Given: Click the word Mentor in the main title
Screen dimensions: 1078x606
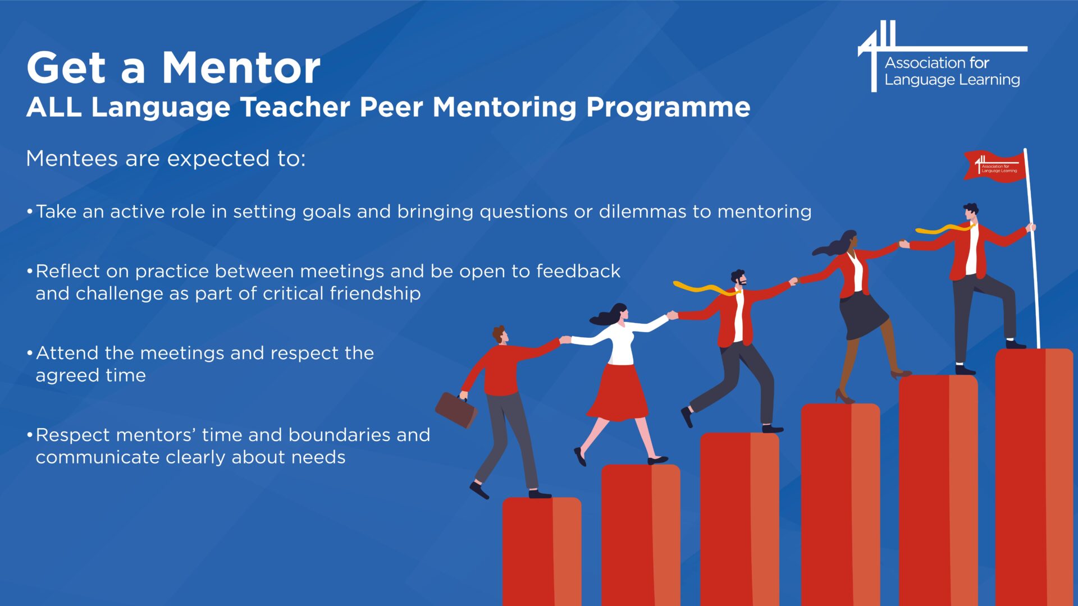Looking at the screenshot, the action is point(241,68).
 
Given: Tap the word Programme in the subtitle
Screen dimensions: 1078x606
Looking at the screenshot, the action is point(668,108).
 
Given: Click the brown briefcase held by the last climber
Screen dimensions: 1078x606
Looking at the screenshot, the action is point(456,410).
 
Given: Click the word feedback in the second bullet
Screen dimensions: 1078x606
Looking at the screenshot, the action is point(578,271).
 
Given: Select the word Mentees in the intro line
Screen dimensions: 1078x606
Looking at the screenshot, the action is point(72,158).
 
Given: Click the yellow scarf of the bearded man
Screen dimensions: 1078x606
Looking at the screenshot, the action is point(706,289).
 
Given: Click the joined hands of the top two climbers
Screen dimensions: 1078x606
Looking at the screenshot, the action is point(903,244).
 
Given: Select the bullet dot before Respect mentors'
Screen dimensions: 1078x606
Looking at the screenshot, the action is point(29,435).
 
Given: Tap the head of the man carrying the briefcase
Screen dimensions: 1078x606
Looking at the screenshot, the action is point(499,334).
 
